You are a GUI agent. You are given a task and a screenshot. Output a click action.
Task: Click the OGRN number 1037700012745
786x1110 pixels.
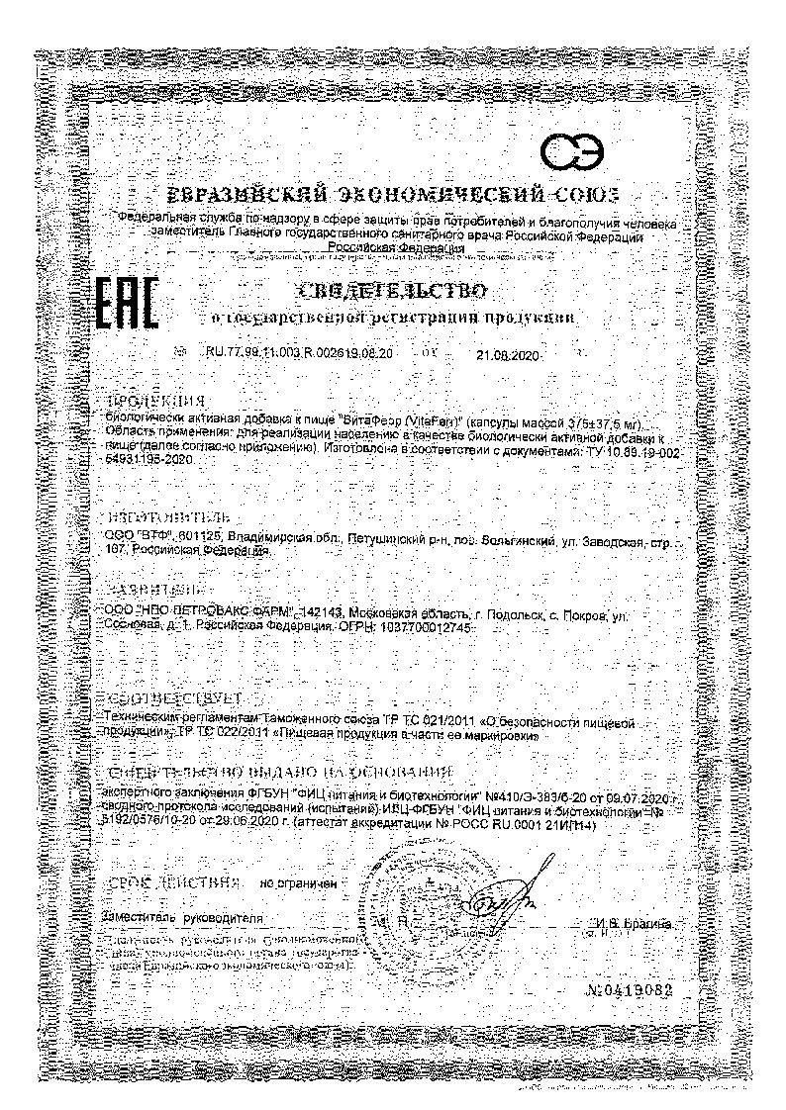pos(420,629)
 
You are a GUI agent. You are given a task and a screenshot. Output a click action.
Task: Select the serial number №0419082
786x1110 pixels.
pos(629,989)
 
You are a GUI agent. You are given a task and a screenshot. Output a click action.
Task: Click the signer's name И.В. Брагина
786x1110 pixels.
pos(636,922)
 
